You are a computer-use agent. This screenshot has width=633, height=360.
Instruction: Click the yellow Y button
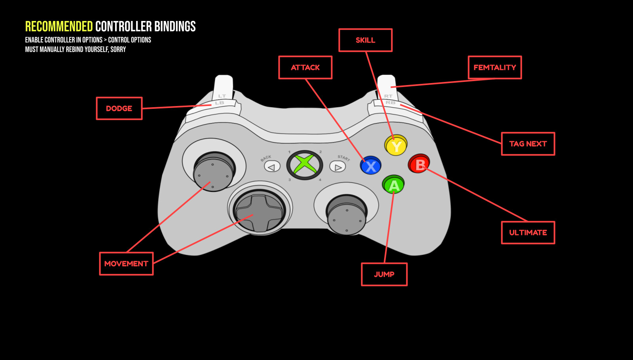[396, 146]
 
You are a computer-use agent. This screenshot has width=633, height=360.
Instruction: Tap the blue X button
[371, 166]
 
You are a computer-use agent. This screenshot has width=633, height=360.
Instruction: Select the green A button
[393, 185]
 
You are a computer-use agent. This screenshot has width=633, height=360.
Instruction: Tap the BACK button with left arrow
[272, 167]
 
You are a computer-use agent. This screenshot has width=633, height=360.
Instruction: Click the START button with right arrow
[337, 167]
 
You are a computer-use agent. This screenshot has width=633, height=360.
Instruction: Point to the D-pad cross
[259, 212]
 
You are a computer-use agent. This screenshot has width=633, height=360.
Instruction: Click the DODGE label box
[119, 108]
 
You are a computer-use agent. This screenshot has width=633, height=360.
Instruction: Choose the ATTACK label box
[305, 68]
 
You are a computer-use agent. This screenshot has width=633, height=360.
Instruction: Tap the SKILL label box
[365, 40]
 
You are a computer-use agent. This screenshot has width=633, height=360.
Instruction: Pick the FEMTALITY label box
[495, 68]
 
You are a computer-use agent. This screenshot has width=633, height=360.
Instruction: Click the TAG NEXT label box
[528, 144]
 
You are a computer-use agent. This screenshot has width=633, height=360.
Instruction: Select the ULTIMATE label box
[528, 233]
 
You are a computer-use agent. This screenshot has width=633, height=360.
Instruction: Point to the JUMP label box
[384, 274]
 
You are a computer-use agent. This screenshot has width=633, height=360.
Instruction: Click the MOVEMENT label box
[126, 264]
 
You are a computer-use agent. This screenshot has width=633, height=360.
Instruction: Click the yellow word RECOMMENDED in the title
[59, 27]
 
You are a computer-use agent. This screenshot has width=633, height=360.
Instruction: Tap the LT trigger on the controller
[223, 87]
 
